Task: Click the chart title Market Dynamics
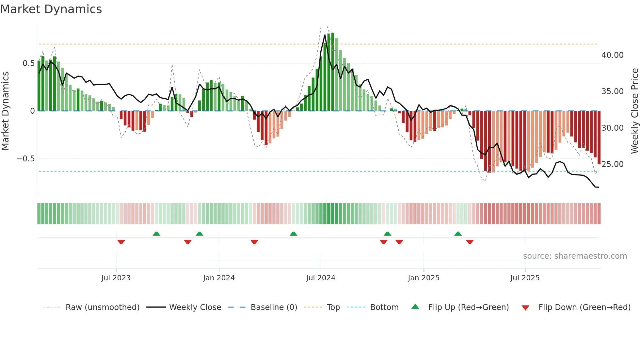click(51, 9)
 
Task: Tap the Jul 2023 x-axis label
click(116, 278)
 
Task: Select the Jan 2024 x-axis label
click(219, 278)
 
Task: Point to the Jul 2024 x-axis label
click(321, 278)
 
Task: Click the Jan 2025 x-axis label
click(424, 278)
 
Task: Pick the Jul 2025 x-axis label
click(525, 278)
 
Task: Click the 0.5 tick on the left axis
click(28, 63)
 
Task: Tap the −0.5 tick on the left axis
click(25, 159)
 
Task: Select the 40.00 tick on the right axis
click(613, 55)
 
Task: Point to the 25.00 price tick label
click(613, 164)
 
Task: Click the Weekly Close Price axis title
click(634, 111)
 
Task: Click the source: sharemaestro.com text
click(575, 256)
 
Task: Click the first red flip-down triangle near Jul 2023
click(121, 242)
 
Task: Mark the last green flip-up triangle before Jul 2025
click(458, 234)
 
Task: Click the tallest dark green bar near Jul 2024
click(333, 72)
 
